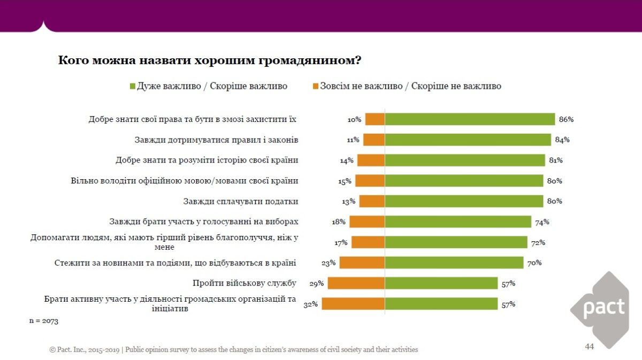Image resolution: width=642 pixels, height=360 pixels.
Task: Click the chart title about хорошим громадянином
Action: pyautogui.click(x=209, y=60)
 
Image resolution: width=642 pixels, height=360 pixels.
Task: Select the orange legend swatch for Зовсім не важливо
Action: pyautogui.click(x=315, y=86)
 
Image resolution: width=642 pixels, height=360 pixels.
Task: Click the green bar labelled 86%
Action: pyautogui.click(x=470, y=119)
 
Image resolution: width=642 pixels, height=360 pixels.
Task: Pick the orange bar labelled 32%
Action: pyautogui.click(x=353, y=304)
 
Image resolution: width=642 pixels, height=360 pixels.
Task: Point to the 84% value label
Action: pyautogui.click(x=562, y=140)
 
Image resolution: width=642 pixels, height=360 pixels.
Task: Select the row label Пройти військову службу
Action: pyautogui.click(x=245, y=283)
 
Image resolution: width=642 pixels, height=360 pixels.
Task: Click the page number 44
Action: pyautogui.click(x=589, y=347)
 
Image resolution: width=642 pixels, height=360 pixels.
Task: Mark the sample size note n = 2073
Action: pyautogui.click(x=43, y=321)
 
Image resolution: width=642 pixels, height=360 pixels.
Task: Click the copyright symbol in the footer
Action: pyautogui.click(x=52, y=350)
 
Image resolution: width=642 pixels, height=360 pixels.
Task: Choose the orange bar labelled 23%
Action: pyautogui.click(x=362, y=263)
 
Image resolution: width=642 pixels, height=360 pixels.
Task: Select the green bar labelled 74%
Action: pyautogui.click(x=458, y=221)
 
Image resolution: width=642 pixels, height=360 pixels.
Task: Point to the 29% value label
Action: pyautogui.click(x=317, y=283)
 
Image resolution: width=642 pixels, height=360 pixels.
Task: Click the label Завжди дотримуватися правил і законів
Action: pyautogui.click(x=216, y=140)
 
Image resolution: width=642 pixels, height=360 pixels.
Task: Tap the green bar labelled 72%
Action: pyautogui.click(x=456, y=242)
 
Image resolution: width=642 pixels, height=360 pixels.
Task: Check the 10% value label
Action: pyautogui.click(x=354, y=119)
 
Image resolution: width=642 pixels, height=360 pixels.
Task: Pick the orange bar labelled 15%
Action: pyautogui.click(x=370, y=181)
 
